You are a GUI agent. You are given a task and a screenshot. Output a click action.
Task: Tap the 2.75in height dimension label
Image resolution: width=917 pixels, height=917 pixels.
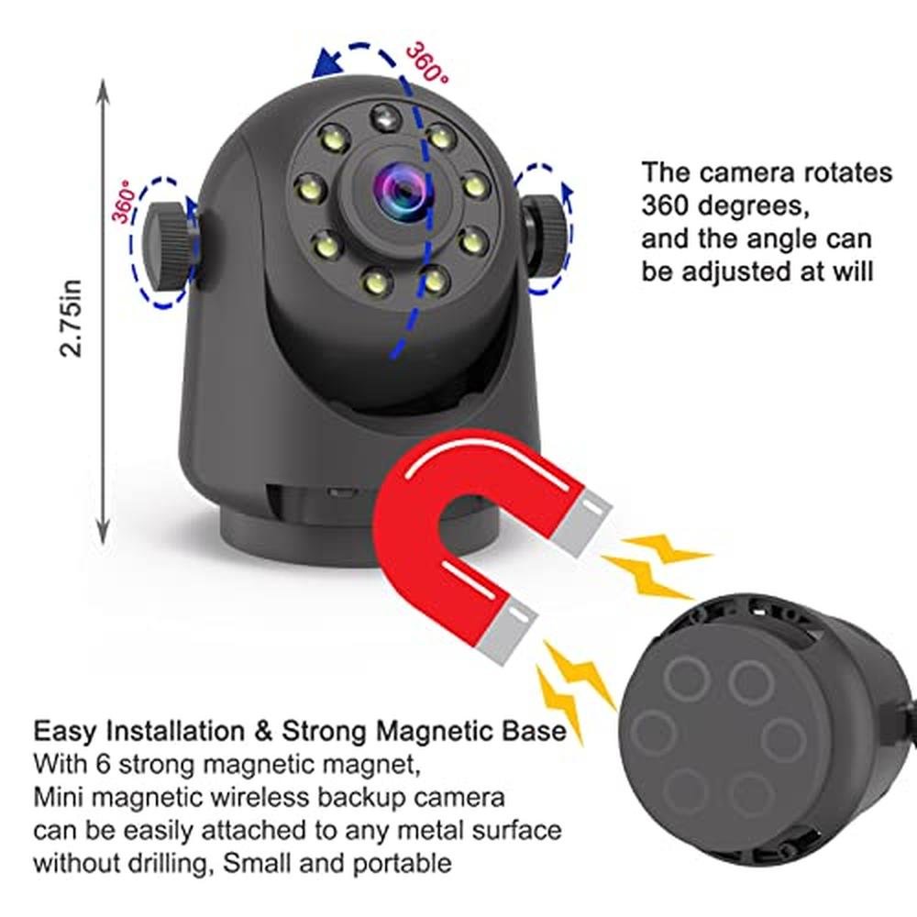[x=72, y=318]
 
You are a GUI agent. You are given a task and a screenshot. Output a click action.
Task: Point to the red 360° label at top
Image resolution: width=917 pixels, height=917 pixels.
[x=427, y=61]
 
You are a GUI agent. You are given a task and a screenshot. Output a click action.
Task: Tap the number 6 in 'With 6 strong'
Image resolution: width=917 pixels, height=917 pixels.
[x=103, y=765]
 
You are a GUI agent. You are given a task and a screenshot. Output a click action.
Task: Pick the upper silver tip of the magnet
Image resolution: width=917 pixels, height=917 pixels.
[x=582, y=523]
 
